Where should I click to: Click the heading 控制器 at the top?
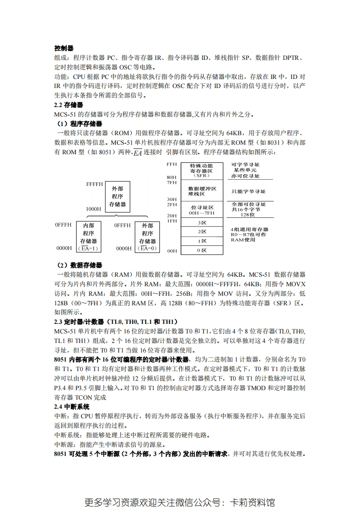click(64, 48)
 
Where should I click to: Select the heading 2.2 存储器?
click(69, 105)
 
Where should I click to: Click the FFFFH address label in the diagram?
click(94, 185)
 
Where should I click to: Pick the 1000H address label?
click(94, 209)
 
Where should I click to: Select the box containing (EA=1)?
click(89, 236)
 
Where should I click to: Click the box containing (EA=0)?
click(148, 236)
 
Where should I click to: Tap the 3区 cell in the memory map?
click(202, 223)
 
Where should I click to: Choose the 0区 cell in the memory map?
click(202, 250)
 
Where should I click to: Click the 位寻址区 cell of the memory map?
click(202, 210)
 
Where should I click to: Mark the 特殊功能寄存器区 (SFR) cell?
click(202, 171)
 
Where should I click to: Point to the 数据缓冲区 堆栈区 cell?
click(202, 191)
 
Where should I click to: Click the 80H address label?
click(171, 177)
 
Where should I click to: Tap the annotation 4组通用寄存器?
click(250, 230)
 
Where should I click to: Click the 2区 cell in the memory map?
click(202, 232)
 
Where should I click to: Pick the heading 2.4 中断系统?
click(72, 406)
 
